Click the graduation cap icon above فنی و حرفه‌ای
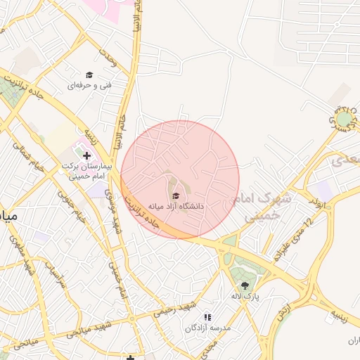[x=89, y=75]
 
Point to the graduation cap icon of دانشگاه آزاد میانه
[x=175, y=195]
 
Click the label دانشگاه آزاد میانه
[x=176, y=206]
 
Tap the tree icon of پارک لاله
[x=245, y=285]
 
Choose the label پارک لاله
[x=247, y=297]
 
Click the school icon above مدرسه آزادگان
[x=207, y=317]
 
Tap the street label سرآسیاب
[x=54, y=274]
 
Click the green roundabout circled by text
[x=344, y=120]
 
